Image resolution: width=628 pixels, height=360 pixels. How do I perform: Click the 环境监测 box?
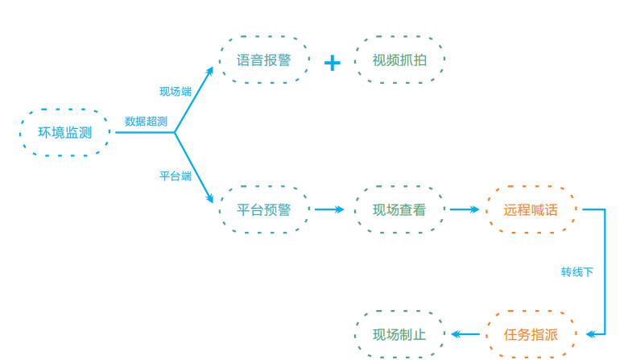pos(64,133)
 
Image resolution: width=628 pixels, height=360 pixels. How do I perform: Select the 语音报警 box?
pos(264,60)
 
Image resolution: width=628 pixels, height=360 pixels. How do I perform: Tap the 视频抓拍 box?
pos(399,60)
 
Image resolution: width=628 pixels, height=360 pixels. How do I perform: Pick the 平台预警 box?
pos(264,210)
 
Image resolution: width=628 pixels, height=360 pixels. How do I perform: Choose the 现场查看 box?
pos(399,210)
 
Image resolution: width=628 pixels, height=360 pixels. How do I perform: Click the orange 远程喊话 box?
pos(531,210)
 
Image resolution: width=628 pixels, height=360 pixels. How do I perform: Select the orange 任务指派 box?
pos(531,334)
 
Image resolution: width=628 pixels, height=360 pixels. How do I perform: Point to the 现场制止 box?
pos(399,334)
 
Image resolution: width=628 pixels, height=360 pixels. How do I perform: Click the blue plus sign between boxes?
pos(332,62)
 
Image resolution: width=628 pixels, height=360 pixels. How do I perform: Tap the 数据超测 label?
pos(146,122)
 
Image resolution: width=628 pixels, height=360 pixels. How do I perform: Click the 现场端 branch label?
pos(176,92)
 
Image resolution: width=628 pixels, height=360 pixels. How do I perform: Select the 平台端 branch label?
pos(176,176)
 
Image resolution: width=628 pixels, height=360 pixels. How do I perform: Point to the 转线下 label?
pos(577,272)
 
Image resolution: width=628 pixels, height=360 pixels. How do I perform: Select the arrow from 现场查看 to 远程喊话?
pos(465,210)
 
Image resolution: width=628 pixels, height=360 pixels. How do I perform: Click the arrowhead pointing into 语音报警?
pos(210,72)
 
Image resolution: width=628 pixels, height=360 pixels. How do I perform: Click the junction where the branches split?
pos(175,133)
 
